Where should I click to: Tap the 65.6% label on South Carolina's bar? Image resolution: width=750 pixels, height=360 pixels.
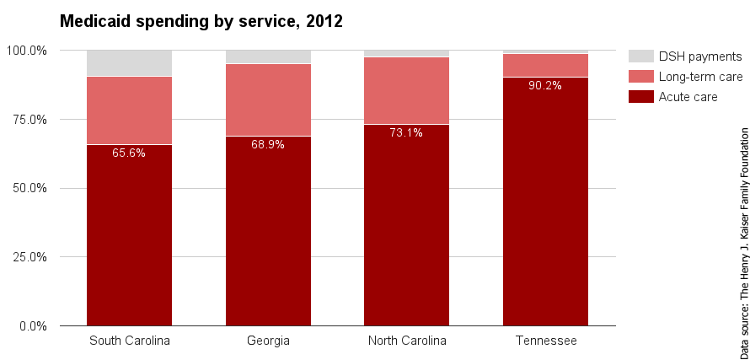pyautogui.click(x=129, y=153)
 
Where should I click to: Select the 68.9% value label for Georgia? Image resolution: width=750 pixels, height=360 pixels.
pyautogui.click(x=268, y=144)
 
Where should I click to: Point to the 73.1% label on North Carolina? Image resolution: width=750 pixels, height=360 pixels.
pyautogui.click(x=406, y=132)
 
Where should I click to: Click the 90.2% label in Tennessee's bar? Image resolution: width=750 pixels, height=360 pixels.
pyautogui.click(x=545, y=85)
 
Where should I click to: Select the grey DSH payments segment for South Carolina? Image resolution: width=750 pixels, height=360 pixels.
pyautogui.click(x=129, y=63)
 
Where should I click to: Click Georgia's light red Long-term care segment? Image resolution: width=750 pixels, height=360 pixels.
pyautogui.click(x=268, y=99)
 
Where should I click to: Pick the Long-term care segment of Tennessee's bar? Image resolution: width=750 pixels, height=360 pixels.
pyautogui.click(x=545, y=65)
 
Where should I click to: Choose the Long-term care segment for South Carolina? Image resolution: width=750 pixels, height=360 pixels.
pyautogui.click(x=129, y=110)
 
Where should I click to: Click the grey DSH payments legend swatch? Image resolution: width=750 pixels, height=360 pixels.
pyautogui.click(x=640, y=56)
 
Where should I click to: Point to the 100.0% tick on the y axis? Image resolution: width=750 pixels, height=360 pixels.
pyautogui.click(x=27, y=51)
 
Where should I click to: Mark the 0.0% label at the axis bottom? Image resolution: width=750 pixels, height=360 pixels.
pyautogui.click(x=34, y=325)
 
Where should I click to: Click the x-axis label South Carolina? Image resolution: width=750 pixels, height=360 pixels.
pyautogui.click(x=129, y=341)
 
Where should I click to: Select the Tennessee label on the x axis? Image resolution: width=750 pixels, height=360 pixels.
pyautogui.click(x=545, y=341)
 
